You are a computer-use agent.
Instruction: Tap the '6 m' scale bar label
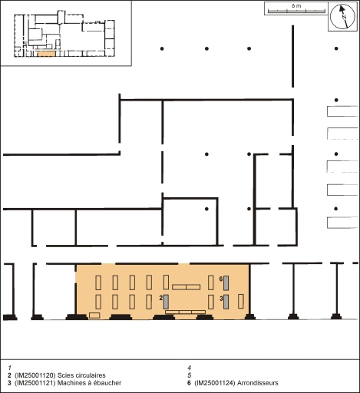(296, 6)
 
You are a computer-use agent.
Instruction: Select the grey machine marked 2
(166, 302)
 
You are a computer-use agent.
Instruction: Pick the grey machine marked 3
(226, 302)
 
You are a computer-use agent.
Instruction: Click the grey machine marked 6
(226, 283)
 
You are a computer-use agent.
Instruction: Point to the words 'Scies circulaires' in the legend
(81, 375)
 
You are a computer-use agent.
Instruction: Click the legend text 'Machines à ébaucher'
(89, 383)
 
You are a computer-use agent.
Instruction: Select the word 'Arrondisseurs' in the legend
(258, 383)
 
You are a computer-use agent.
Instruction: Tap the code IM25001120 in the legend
(35, 375)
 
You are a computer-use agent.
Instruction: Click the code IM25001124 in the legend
(215, 383)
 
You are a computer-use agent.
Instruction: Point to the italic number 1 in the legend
(10, 368)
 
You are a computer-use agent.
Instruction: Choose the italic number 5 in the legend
(190, 375)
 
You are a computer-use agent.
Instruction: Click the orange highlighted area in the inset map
(46, 54)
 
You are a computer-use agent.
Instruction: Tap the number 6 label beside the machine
(221, 279)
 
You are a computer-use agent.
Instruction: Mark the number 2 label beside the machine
(161, 298)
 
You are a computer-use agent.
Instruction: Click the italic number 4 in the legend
(190, 368)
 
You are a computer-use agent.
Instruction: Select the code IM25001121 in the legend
(35, 383)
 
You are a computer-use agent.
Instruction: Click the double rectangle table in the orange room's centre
(186, 287)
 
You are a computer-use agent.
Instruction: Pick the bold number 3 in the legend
(9, 383)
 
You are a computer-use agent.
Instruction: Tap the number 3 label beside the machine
(221, 299)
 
